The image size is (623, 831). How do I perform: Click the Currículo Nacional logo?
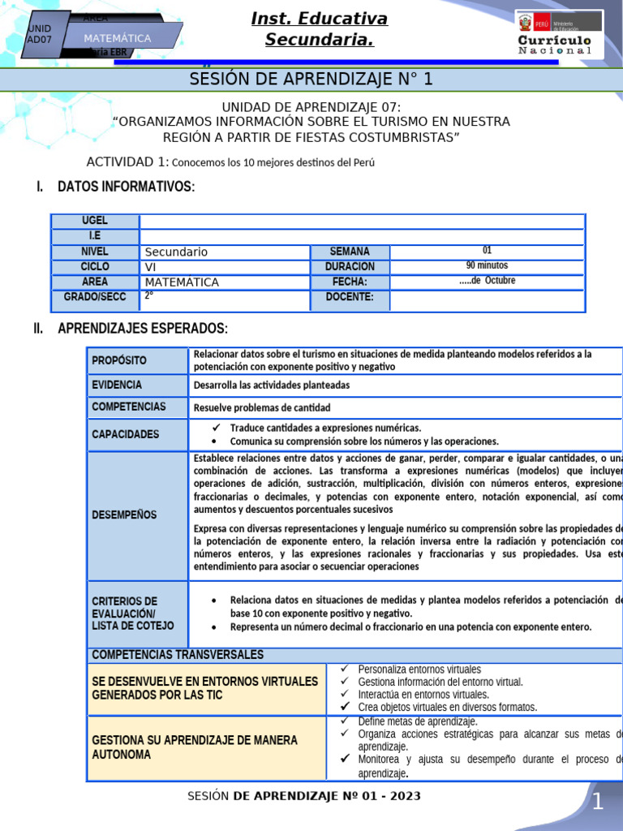(559, 34)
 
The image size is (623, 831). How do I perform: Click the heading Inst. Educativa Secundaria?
(319, 28)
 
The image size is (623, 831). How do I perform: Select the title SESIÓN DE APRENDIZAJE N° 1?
(311, 79)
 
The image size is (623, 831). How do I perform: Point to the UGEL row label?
(94, 221)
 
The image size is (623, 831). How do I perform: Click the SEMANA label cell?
(350, 252)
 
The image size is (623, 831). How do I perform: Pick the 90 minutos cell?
(487, 265)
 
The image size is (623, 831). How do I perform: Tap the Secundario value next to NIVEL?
(176, 252)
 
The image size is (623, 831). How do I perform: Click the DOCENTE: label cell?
(350, 297)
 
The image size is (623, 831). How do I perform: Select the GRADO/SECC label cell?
(94, 297)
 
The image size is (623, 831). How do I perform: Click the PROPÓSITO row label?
(119, 360)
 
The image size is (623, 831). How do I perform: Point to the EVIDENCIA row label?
(117, 385)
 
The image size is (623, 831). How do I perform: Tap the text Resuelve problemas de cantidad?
(262, 407)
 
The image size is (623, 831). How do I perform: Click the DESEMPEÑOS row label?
(125, 515)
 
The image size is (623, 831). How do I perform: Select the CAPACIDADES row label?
(126, 434)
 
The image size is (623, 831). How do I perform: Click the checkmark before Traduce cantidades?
(216, 428)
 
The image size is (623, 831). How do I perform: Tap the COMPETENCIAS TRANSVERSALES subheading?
(178, 655)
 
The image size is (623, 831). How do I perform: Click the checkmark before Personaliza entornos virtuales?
(345, 669)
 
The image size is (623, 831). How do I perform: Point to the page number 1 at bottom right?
(598, 803)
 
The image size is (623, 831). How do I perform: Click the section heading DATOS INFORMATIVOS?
(126, 187)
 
